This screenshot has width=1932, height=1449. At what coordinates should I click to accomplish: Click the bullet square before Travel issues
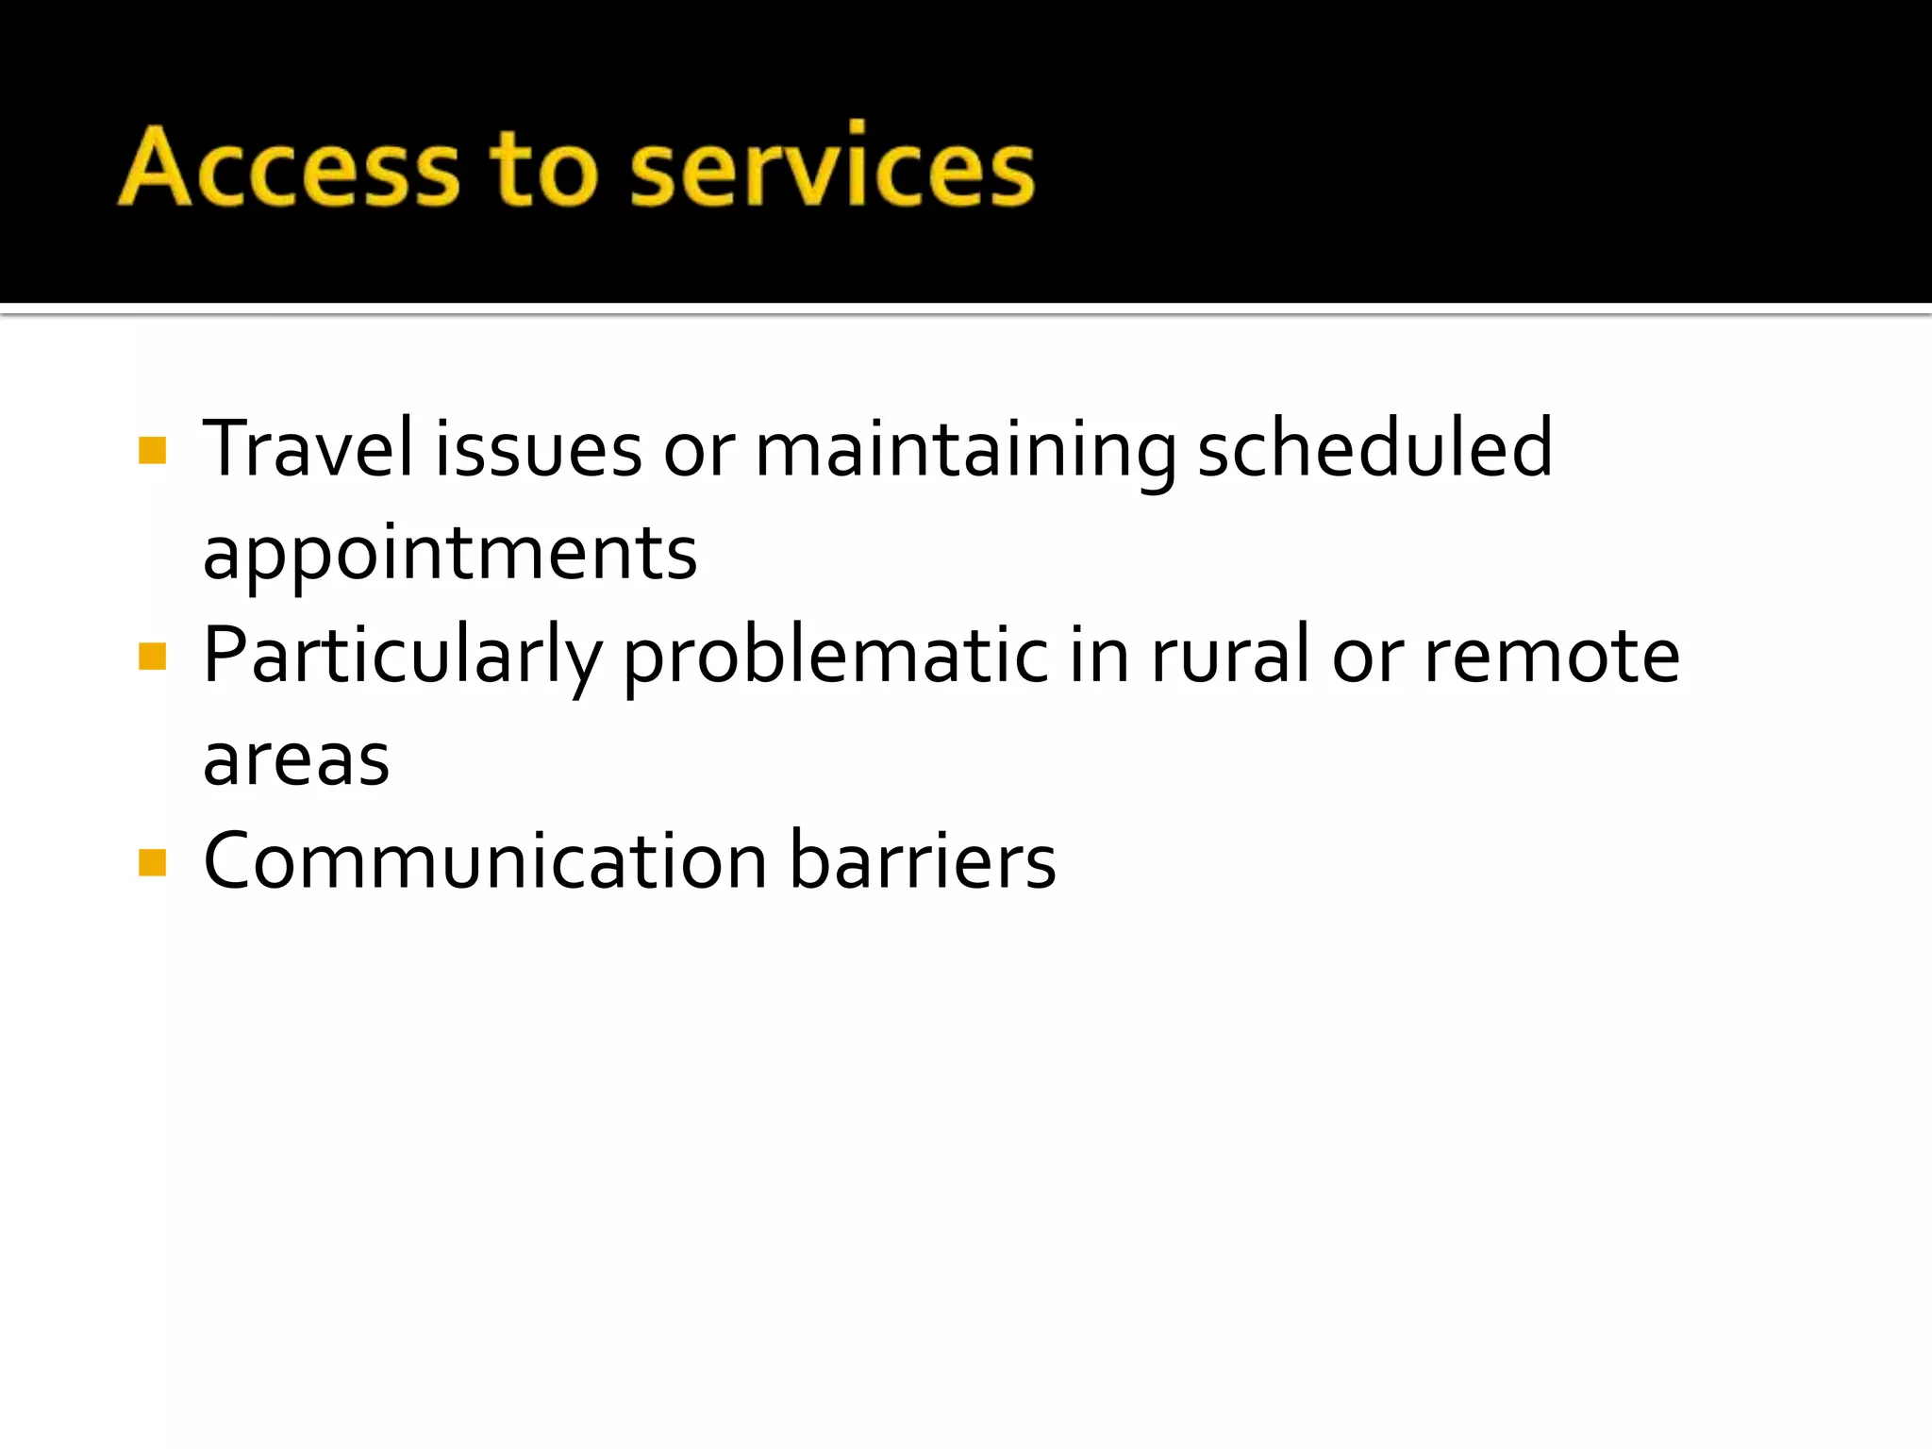tap(152, 450)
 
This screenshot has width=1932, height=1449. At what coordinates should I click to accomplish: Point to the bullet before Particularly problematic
tap(152, 656)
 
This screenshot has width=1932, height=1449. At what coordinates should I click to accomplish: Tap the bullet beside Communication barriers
tap(152, 862)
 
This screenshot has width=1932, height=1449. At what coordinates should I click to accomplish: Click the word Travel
tap(308, 448)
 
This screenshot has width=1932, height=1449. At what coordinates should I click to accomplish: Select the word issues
tap(538, 448)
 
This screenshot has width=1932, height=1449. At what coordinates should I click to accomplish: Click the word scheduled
tap(1374, 448)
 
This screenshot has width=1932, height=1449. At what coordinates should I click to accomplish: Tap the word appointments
tap(450, 554)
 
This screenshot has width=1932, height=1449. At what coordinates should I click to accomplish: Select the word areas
tap(296, 760)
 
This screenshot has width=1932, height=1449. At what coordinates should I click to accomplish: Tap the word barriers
tap(922, 861)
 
